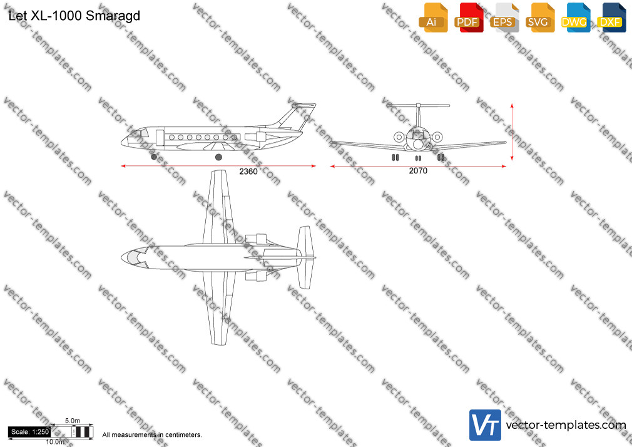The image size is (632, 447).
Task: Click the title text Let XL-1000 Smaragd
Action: (74, 16)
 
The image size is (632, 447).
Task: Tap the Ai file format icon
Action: (433, 18)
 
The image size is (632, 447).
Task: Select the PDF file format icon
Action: (468, 18)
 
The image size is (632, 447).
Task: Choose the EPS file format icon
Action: (504, 18)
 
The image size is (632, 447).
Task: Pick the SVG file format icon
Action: (539, 18)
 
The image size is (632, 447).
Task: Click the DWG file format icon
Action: (575, 18)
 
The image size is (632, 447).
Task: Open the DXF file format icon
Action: (611, 18)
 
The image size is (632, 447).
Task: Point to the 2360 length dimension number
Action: (248, 172)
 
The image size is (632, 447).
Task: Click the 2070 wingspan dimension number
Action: (418, 171)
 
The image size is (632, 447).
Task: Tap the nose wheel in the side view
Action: (154, 157)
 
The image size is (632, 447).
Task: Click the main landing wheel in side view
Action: (218, 157)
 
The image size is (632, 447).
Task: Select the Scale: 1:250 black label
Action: (29, 432)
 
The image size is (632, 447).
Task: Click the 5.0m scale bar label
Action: (73, 421)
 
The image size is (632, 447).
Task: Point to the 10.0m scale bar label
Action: (55, 442)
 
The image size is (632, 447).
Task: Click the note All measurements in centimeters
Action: (152, 435)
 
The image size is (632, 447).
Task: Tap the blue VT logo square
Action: (486, 425)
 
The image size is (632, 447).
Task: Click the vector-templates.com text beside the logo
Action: (566, 425)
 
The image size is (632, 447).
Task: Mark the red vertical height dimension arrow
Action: (512, 132)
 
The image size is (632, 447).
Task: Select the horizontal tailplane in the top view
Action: (305, 257)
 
